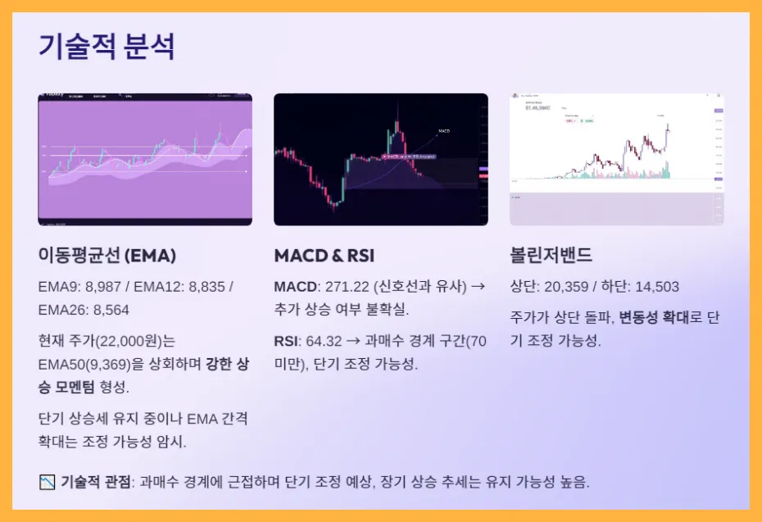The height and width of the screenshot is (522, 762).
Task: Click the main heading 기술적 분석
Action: [107, 47]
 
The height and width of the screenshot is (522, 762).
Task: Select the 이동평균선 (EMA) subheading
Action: [107, 256]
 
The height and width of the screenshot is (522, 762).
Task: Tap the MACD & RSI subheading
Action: [324, 256]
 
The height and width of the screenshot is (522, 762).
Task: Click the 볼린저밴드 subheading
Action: [551, 256]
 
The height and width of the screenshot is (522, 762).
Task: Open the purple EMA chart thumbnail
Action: [145, 159]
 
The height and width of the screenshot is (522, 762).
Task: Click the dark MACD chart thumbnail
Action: [380, 159]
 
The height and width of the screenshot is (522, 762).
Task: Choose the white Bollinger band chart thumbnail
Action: [616, 159]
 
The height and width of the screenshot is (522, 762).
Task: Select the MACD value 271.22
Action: [347, 287]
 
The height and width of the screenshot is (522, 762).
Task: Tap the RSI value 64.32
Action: [324, 341]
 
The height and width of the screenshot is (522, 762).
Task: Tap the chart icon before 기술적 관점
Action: [47, 482]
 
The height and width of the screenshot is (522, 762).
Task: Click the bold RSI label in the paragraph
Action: [286, 341]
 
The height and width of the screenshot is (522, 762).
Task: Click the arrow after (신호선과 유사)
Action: [479, 287]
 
